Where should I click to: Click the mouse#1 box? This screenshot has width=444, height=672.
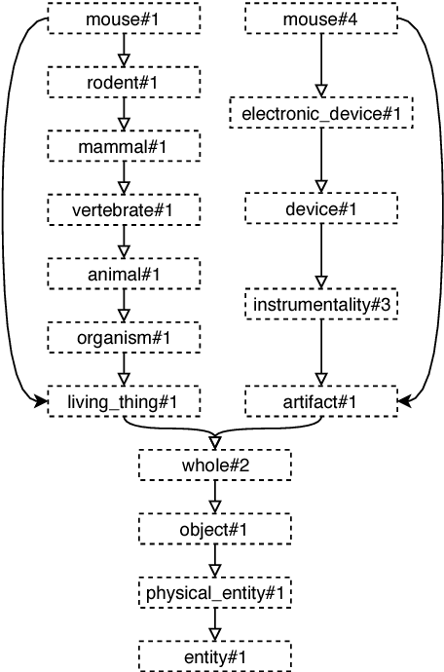124,19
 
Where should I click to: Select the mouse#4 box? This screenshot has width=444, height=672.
320,19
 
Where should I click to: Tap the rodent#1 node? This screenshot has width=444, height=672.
124,83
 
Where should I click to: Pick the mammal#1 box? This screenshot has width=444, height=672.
124,146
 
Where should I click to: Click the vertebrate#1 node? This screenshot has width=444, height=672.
124,209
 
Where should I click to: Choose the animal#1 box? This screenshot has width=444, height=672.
124,274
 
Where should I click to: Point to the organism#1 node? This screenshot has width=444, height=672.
124,337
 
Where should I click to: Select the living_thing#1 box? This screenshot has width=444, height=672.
124,400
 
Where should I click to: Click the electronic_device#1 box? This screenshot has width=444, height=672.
320,114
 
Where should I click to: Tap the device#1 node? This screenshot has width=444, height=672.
320,209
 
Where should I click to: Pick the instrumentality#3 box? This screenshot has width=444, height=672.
320,305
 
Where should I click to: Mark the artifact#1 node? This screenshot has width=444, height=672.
320,400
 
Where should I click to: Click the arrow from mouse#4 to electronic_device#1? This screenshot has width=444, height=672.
320,64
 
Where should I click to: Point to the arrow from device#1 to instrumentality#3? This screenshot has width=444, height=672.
320,255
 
